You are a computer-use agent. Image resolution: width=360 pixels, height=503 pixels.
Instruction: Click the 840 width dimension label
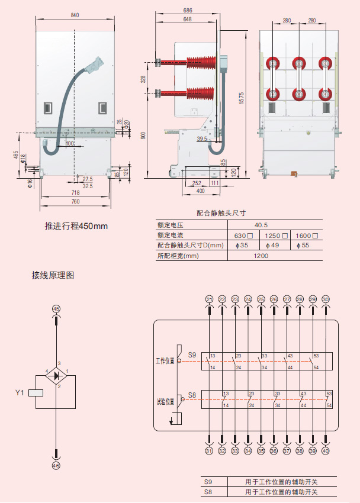tap(74, 15)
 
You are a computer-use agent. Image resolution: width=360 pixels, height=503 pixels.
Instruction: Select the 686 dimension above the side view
tap(188, 11)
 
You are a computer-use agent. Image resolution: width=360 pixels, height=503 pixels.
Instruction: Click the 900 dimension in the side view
tap(143, 136)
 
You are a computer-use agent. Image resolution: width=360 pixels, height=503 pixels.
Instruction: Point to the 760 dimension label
tap(75, 202)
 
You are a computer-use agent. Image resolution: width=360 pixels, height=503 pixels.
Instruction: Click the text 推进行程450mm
tap(76, 226)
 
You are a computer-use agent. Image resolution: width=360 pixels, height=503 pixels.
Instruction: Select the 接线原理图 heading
tap(53, 276)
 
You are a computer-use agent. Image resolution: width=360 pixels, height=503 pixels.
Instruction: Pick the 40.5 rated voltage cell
tap(261, 225)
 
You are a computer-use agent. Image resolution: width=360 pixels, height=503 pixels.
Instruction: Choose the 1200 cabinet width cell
tap(261, 256)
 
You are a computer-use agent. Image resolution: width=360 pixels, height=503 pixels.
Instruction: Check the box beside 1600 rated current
tap(315, 236)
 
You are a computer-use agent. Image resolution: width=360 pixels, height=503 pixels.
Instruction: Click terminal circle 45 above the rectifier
tap(56, 309)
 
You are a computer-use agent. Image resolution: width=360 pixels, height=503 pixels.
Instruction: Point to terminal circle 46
tap(56, 466)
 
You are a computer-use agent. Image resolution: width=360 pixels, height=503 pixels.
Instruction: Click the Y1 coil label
tap(20, 392)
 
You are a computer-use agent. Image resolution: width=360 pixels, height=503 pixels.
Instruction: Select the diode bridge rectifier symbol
tap(56, 375)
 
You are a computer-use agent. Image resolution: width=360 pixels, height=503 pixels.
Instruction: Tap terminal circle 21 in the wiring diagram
tap(209, 299)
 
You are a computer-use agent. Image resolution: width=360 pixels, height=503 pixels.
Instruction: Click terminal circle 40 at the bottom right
tap(326, 451)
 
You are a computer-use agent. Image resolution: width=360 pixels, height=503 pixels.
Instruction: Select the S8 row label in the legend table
tap(208, 492)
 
